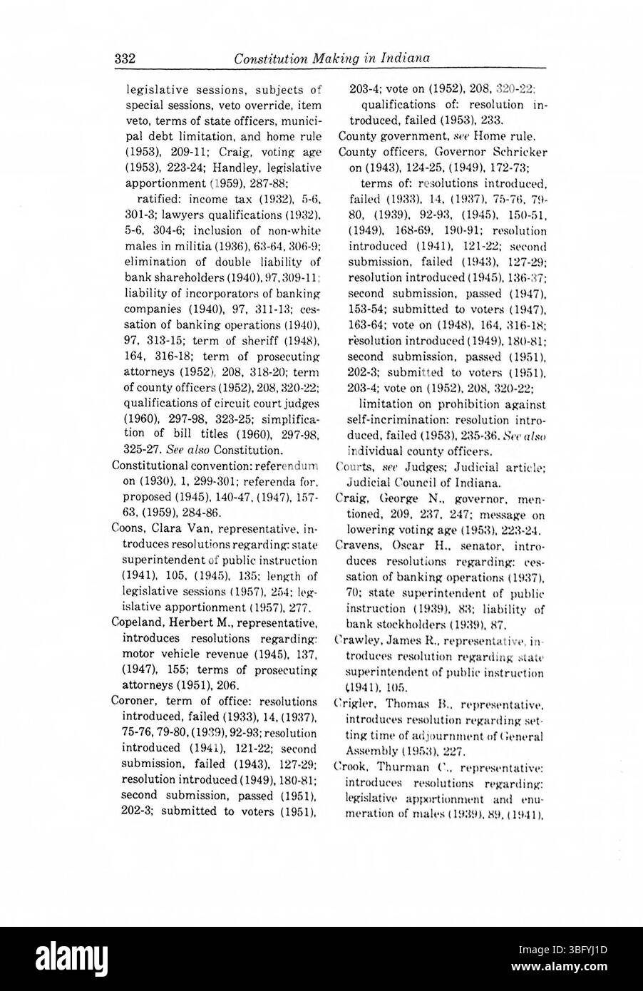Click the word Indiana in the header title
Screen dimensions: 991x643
(x=404, y=58)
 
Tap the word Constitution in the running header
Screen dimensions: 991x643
(x=269, y=58)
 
